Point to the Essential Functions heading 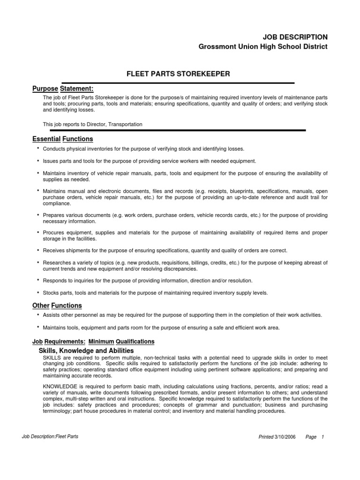(x=62, y=139)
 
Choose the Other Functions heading (x=57, y=306)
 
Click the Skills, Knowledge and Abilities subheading (x=86, y=351)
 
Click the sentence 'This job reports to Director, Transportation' (x=92, y=124)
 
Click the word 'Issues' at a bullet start (x=51, y=161)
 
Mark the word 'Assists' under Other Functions (x=52, y=315)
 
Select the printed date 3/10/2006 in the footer (x=285, y=437)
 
